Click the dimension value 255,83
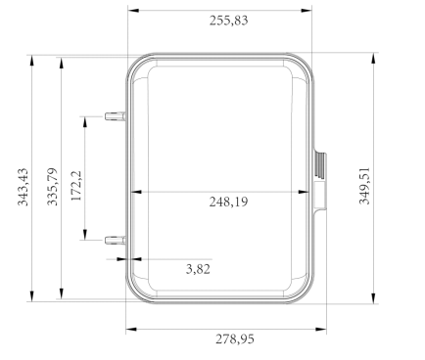coord(228,21)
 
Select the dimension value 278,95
coord(235,339)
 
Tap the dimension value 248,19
coord(228,202)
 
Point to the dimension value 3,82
coord(198,269)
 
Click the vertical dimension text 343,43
coord(23,187)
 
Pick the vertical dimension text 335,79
coord(52,187)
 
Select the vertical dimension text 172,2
coord(76,186)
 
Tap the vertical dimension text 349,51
coord(364,186)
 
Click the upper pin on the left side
coord(115,116)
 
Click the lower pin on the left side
coord(115,241)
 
